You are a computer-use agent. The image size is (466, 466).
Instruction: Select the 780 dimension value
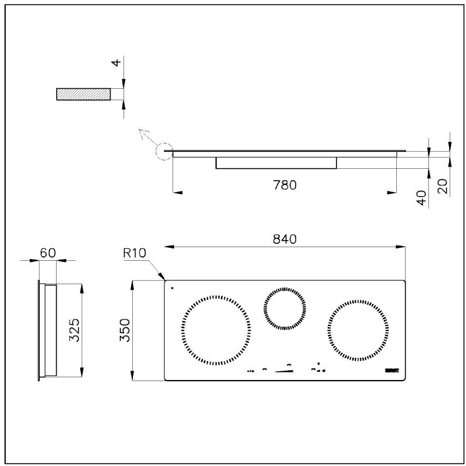[284, 185]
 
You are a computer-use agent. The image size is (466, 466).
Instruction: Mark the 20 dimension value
[443, 187]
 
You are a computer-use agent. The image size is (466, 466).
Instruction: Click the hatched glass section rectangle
[83, 94]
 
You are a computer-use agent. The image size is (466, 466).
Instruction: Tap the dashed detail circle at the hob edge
[163, 151]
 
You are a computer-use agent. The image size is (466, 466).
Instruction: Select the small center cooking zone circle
[284, 309]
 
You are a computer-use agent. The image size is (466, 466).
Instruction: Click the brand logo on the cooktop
[392, 370]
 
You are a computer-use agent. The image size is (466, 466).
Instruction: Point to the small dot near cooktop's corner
[172, 287]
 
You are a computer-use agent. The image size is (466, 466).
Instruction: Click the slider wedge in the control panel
[284, 371]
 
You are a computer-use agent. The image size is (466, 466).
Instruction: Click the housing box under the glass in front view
[276, 163]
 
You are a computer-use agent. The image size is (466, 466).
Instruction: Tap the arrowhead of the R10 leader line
[163, 278]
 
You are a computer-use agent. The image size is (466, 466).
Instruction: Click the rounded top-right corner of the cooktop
[403, 282]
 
